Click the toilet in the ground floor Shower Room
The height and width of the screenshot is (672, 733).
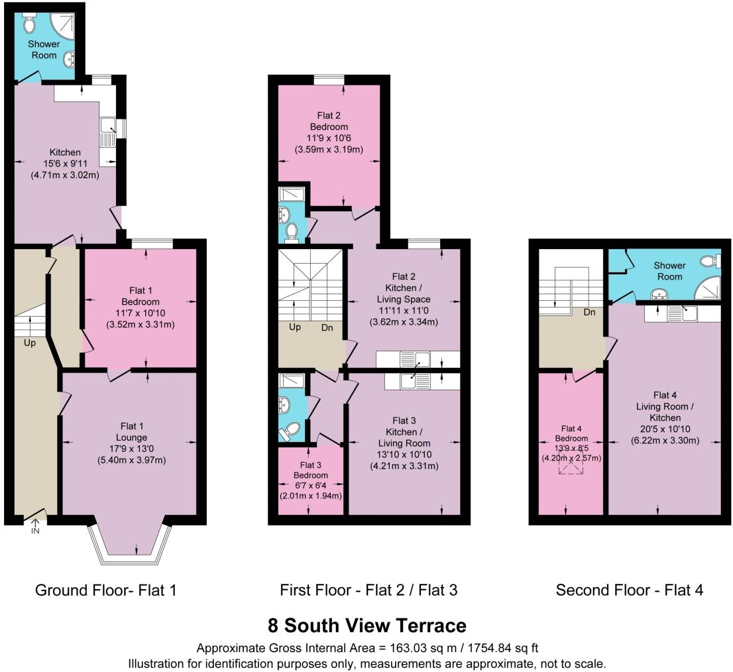(28, 25)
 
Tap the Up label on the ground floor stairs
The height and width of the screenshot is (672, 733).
(30, 343)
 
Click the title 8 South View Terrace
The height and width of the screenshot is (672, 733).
(366, 625)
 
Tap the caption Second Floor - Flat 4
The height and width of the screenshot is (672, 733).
(629, 589)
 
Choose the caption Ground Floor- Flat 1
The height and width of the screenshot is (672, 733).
(105, 589)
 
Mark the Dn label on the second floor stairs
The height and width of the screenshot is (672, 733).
(592, 311)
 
